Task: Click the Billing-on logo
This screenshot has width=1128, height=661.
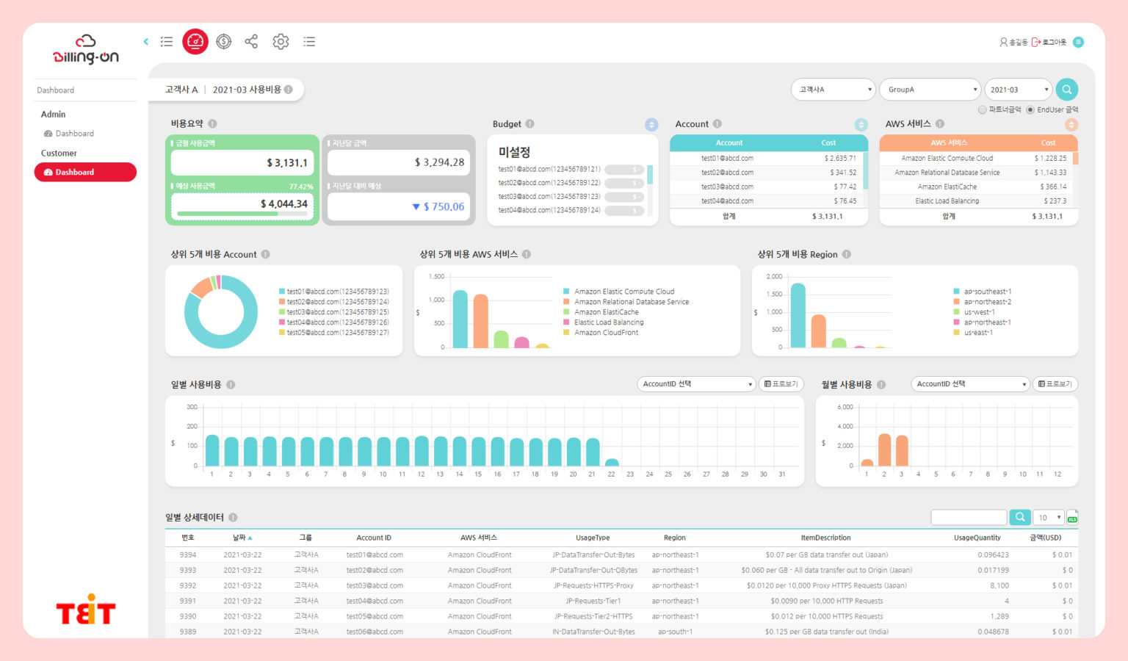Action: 85,49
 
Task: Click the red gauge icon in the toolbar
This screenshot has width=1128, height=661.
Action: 195,42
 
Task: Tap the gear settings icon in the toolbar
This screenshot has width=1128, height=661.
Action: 281,42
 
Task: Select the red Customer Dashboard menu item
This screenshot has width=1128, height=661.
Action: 85,172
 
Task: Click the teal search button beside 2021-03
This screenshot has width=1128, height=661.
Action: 1066,90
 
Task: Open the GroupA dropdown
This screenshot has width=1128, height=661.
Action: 930,90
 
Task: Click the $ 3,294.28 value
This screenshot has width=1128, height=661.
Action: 439,162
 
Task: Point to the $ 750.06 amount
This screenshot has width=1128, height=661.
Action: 444,207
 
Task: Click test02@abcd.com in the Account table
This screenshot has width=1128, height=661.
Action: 727,173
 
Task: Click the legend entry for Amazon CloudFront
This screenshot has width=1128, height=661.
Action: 606,333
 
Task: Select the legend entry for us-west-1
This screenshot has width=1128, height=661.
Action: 979,312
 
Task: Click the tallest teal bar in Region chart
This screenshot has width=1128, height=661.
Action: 798,316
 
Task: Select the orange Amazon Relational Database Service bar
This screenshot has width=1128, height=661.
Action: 481,321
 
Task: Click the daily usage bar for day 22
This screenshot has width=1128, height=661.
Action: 611,463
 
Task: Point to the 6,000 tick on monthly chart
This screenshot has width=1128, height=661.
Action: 845,407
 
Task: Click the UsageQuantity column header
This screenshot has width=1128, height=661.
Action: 977,538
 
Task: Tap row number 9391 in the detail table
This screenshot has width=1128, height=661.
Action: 188,601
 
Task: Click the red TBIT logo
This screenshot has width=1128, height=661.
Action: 86,610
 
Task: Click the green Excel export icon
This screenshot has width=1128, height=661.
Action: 1072,518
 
